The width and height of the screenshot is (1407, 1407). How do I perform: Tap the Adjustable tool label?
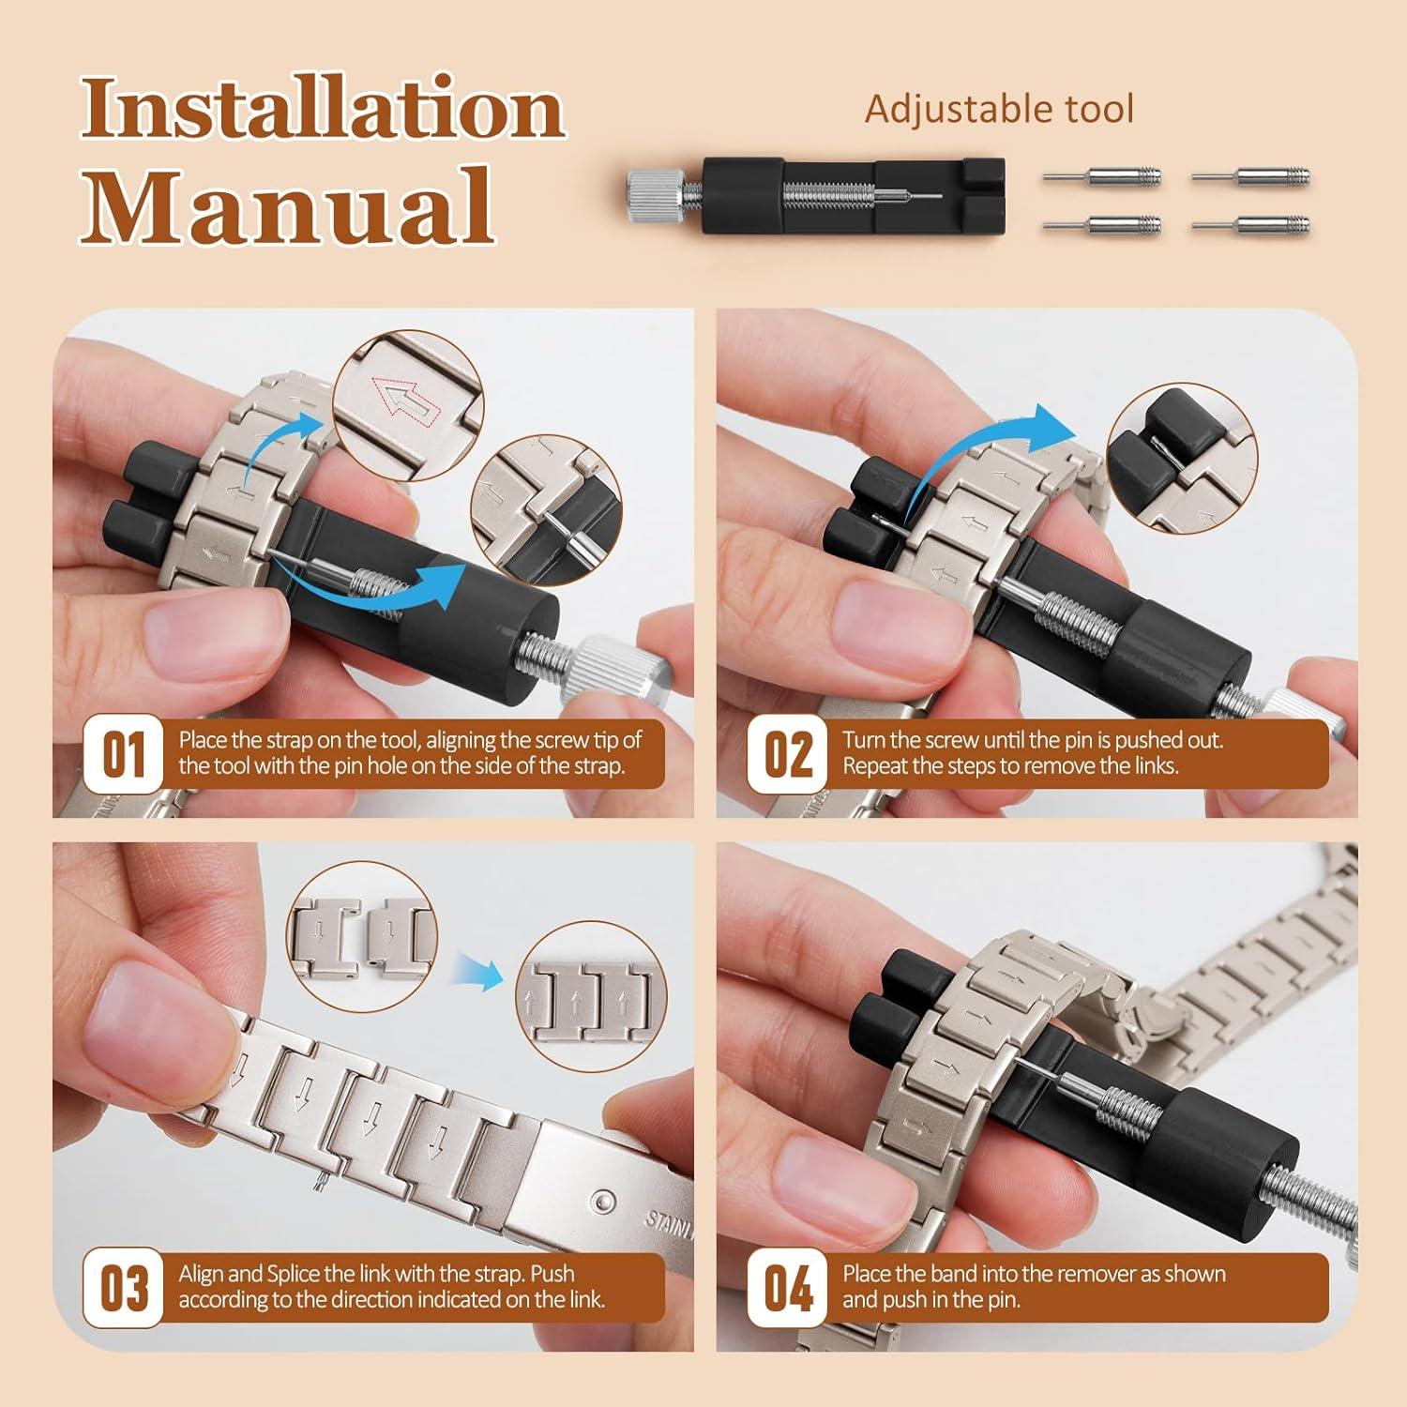pos(999,110)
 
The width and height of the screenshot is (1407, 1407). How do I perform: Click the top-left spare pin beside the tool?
pos(1103,176)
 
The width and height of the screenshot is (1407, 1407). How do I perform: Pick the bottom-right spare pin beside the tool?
pos(1251,224)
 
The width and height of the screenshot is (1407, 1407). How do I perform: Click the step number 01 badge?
pos(124,754)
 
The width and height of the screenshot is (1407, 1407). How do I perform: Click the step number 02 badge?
pos(788,754)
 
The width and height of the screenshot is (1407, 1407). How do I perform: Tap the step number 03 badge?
pos(124,1288)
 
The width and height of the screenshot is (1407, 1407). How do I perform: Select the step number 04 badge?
pos(788,1288)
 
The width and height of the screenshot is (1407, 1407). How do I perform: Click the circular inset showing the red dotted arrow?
pos(408,404)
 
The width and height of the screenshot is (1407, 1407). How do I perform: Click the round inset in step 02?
pos(1182,458)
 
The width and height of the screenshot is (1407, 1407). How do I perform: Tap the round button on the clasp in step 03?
pos(601,1203)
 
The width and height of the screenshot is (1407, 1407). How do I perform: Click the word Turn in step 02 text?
pos(864,740)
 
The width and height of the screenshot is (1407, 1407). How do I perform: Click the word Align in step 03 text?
pos(201,1274)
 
